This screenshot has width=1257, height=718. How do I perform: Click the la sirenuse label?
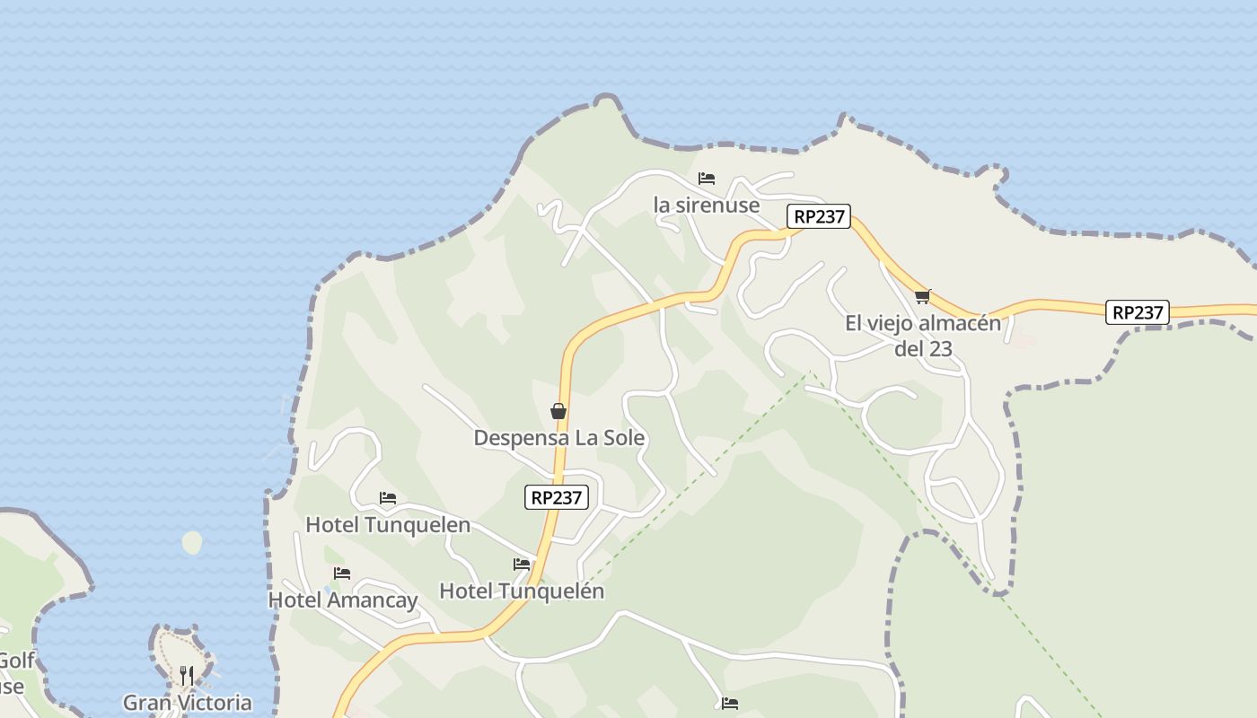707,205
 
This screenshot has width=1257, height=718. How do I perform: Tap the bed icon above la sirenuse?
707,179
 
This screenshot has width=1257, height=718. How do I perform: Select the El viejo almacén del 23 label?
923,335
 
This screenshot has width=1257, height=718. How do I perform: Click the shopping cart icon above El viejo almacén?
922,296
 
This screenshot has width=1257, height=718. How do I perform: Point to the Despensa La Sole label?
558,438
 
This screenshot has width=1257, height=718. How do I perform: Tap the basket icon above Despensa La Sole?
558,411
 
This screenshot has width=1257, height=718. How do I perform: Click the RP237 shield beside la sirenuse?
819,216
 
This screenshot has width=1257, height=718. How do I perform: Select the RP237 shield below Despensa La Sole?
557,497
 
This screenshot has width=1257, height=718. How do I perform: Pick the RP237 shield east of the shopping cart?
1138,312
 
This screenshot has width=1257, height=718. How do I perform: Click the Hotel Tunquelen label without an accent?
388,524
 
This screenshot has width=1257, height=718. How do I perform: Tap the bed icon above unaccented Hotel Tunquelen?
388,498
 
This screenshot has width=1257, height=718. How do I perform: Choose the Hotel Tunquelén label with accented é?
522,591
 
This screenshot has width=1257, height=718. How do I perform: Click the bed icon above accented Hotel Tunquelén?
522,565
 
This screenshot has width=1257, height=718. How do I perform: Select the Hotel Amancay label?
343,600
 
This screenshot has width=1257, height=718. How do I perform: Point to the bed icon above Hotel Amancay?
342,574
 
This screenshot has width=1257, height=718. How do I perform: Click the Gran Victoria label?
188,702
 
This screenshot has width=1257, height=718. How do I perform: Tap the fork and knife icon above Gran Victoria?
187,675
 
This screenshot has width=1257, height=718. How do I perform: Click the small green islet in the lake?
192,542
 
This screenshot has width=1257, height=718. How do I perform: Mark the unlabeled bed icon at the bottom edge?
730,704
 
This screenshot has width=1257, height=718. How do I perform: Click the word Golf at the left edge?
16,661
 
